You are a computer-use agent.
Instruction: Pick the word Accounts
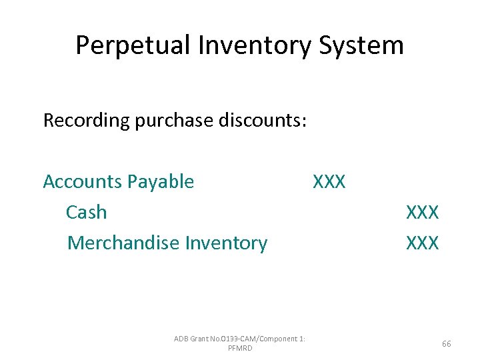(82, 181)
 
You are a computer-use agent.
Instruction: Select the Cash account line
(86, 212)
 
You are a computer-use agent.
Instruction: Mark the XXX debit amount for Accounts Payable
(329, 181)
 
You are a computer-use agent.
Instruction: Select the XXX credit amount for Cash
(423, 212)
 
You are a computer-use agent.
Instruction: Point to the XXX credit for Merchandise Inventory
(423, 243)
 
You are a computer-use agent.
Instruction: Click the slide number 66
(446, 344)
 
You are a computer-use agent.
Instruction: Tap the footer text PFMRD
(240, 349)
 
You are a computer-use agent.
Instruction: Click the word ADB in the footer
(181, 339)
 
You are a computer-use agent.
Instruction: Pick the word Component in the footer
(273, 339)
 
